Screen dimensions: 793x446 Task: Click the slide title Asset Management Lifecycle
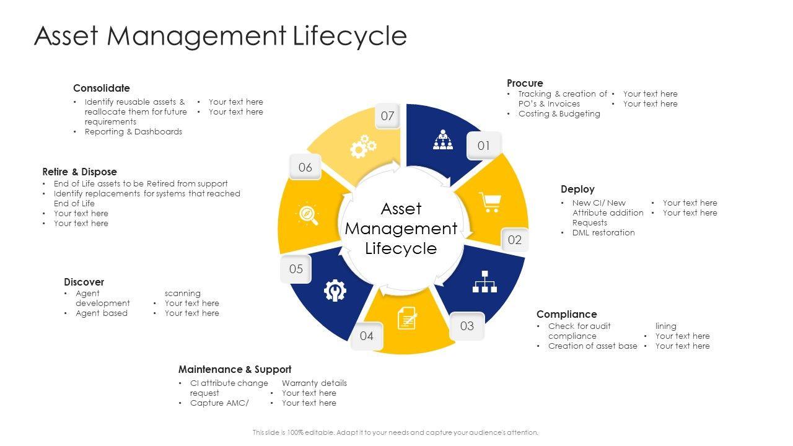pyautogui.click(x=221, y=36)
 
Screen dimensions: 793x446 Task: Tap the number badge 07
pyautogui.click(x=387, y=116)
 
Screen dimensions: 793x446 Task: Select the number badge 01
pyautogui.click(x=483, y=146)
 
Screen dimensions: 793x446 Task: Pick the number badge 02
pyautogui.click(x=514, y=240)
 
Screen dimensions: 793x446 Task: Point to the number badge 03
pyautogui.click(x=467, y=326)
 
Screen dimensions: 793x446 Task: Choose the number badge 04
pyautogui.click(x=367, y=336)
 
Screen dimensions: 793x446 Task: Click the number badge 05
pyautogui.click(x=296, y=269)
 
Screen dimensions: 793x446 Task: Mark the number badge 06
pyautogui.click(x=305, y=167)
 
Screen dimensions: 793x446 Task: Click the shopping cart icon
pyautogui.click(x=490, y=202)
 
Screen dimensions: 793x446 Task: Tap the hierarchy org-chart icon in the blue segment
pyautogui.click(x=485, y=281)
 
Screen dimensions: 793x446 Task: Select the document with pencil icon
pyautogui.click(x=407, y=318)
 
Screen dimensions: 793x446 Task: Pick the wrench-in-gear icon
pyautogui.click(x=335, y=290)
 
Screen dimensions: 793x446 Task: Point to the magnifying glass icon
pyautogui.click(x=308, y=214)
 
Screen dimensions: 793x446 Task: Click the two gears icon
pyautogui.click(x=363, y=146)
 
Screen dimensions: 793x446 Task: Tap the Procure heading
pyautogui.click(x=525, y=83)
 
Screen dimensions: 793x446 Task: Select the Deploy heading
pyautogui.click(x=577, y=189)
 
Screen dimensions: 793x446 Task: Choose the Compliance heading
pyautogui.click(x=566, y=314)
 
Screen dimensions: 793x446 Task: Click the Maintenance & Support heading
pyautogui.click(x=235, y=369)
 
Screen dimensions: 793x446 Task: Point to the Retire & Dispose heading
pyautogui.click(x=79, y=172)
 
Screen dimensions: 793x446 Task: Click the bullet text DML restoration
pyautogui.click(x=603, y=232)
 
